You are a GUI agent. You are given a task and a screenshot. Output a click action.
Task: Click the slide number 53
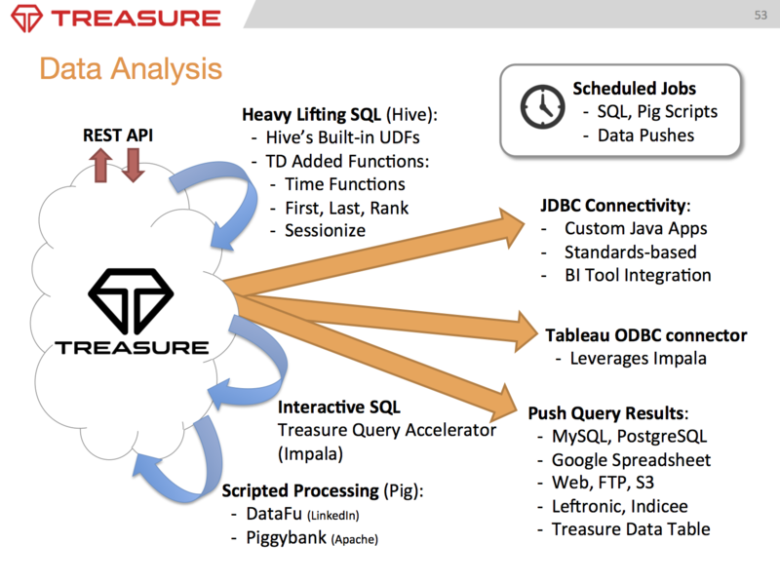point(760,16)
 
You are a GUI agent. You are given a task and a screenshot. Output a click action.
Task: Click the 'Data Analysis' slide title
point(131,68)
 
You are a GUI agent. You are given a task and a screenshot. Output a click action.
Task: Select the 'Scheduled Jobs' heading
point(634,89)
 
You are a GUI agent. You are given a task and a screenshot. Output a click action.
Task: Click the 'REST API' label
point(117,136)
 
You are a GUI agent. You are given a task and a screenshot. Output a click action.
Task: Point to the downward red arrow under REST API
point(133,166)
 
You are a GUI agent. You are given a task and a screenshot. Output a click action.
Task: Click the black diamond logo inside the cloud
point(131,298)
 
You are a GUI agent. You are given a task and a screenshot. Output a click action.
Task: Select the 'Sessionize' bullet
point(325,230)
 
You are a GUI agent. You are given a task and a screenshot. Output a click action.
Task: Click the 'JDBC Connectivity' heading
point(614,207)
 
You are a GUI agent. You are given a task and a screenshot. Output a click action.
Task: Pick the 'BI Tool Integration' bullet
point(638,275)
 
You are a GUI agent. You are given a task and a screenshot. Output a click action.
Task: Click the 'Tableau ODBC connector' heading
point(645,335)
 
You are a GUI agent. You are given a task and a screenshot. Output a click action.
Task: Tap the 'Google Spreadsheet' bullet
point(631,459)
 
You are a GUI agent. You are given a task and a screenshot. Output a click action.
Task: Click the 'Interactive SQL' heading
point(338,407)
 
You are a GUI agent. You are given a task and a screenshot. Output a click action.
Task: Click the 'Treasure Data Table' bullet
point(631,529)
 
